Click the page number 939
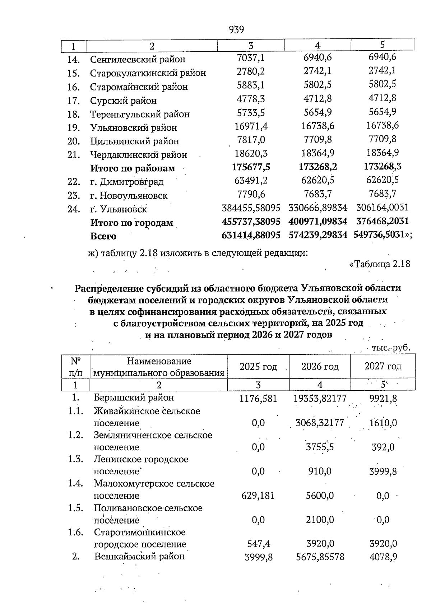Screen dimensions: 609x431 pos(236,30)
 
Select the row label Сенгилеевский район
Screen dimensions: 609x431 pos(138,59)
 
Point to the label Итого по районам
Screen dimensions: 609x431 pos(133,168)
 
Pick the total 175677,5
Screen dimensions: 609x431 pos(251,167)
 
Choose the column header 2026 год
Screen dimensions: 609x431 pos(320,367)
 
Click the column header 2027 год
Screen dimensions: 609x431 pos(383,366)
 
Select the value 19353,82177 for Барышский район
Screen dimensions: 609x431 pos(320,398)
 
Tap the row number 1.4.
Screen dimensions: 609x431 pos(76,483)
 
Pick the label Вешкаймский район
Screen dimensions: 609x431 pos(139,557)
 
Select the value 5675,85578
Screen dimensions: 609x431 pos(320,557)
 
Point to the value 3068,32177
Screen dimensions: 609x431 pos(320,423)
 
